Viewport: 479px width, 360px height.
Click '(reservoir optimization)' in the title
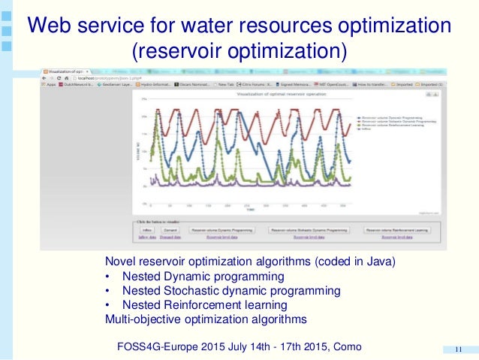239,52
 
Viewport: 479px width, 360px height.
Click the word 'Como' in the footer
345,346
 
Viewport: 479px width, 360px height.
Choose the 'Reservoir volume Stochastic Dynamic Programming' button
309,230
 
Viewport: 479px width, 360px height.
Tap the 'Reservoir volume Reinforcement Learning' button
398,230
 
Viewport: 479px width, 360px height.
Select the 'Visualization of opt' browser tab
64,69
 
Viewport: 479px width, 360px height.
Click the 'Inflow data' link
146,237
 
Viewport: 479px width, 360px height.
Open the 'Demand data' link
170,237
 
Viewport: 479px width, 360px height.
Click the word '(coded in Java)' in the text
351,261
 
